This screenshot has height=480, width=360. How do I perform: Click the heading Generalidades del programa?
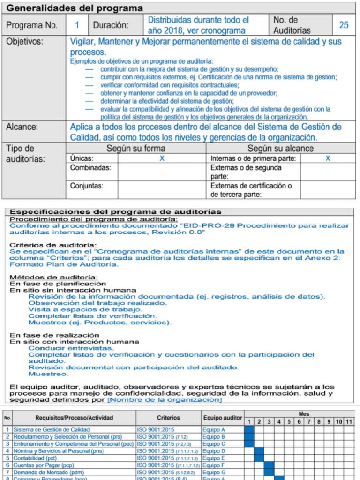tap(77, 8)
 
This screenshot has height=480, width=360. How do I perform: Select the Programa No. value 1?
tap(77, 25)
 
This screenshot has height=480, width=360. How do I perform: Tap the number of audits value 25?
tap(344, 25)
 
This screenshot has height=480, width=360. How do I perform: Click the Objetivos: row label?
tap(24, 41)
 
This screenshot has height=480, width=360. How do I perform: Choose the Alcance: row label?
tap(22, 127)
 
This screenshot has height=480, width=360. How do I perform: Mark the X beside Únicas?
tap(162, 158)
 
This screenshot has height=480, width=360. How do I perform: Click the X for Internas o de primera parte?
tap(328, 158)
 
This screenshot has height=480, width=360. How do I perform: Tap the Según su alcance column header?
tap(280, 149)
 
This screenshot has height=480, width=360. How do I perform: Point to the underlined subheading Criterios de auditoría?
tap(53, 245)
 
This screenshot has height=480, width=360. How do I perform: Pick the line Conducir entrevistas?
tap(71, 348)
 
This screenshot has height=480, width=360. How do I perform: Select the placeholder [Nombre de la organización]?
tap(165, 400)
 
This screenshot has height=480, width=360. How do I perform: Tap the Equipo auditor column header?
tap(223, 418)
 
